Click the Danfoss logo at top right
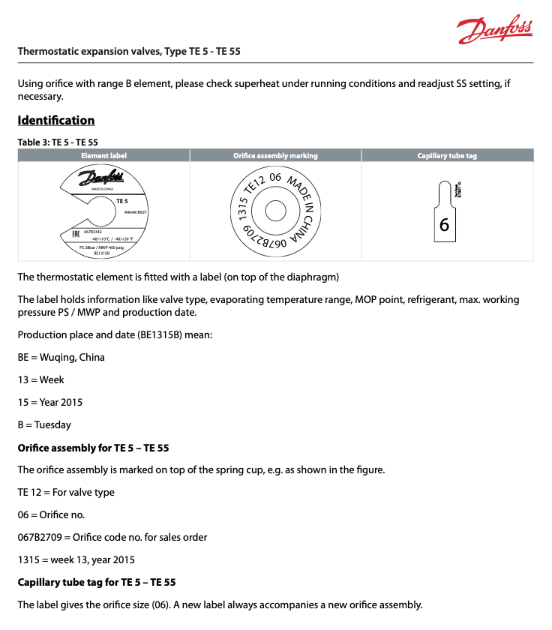click(x=495, y=29)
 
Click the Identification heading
click(x=56, y=121)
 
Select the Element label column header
click(x=103, y=156)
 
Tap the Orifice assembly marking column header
click(x=275, y=156)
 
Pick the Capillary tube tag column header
click(x=447, y=156)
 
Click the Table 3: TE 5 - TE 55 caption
click(x=58, y=142)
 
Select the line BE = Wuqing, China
click(x=61, y=357)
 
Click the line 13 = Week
click(x=41, y=379)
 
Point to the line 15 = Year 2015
click(x=50, y=402)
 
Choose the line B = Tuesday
click(x=44, y=424)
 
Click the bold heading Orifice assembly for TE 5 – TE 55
click(x=94, y=448)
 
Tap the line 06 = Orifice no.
click(x=51, y=515)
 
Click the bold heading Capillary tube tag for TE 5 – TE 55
click(x=97, y=583)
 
